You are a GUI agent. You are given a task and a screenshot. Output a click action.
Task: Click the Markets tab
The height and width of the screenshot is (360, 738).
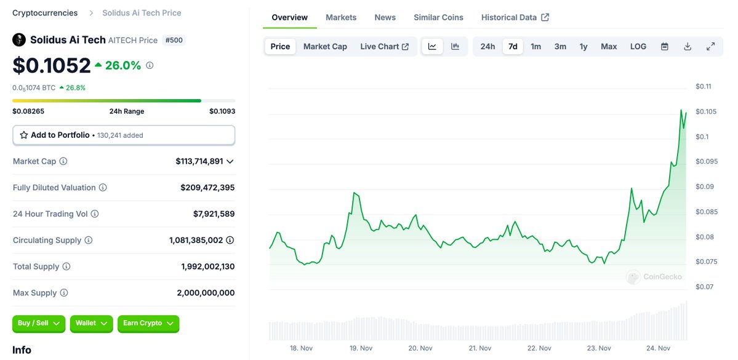(341, 17)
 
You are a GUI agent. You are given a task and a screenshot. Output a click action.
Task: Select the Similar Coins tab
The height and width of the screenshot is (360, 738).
(438, 17)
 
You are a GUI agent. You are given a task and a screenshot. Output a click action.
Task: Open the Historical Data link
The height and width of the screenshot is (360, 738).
(515, 17)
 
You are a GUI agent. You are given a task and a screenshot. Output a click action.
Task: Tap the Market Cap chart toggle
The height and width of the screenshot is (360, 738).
(325, 46)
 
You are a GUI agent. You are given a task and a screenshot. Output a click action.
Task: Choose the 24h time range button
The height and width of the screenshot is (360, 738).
(487, 46)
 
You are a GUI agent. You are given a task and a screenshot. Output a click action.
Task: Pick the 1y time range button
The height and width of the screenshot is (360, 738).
(583, 46)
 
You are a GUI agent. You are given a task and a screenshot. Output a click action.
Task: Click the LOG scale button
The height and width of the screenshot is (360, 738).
(638, 46)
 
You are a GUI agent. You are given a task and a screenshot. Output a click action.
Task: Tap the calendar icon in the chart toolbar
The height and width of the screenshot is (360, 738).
(665, 46)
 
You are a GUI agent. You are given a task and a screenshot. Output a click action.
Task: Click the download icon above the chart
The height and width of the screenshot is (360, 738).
(688, 46)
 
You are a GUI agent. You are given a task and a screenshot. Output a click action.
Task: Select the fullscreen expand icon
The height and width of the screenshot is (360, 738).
(710, 46)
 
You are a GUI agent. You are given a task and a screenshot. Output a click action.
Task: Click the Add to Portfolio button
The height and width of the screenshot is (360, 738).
(124, 135)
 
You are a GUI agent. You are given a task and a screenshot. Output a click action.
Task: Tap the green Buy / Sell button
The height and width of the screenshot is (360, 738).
(38, 323)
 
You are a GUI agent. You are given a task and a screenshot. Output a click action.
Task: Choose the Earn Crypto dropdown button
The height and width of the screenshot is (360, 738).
(148, 323)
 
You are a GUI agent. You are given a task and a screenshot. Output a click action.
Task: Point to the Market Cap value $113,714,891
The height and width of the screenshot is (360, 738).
(199, 161)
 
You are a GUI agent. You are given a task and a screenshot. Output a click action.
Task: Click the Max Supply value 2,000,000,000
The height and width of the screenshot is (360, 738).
(206, 293)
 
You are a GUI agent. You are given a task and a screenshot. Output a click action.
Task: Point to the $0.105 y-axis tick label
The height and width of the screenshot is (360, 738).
(705, 111)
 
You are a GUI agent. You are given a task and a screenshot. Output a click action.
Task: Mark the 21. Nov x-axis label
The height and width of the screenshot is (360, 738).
(480, 348)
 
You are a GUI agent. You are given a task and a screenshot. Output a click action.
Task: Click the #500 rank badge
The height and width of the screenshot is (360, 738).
(174, 40)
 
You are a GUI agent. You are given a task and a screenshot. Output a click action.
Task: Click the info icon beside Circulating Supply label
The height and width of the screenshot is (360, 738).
(88, 240)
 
